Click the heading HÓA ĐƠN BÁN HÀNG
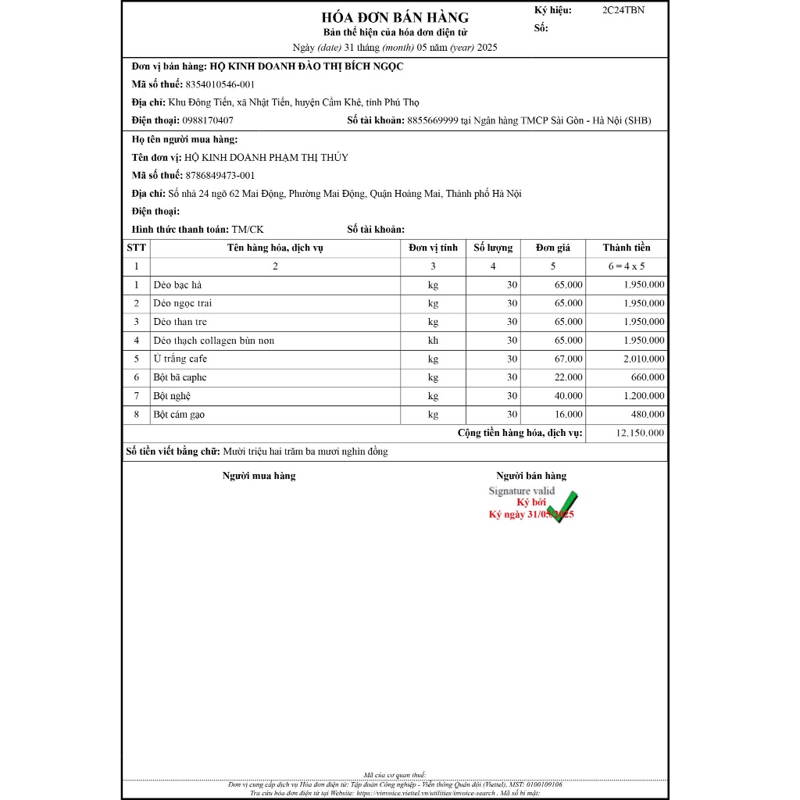[x=395, y=17]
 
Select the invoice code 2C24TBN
[x=623, y=10]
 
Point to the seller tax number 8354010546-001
[x=221, y=84]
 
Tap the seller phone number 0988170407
[x=207, y=120]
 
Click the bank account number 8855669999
[x=434, y=120]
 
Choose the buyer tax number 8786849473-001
[x=221, y=175]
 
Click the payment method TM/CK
[x=248, y=229]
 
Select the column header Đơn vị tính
[x=433, y=248]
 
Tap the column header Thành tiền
[x=626, y=248]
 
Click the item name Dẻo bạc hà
[x=177, y=285]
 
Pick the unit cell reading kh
[x=433, y=341]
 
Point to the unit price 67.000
[x=567, y=359]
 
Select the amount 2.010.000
[x=644, y=359]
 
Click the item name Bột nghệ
[x=172, y=396]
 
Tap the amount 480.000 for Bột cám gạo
[x=648, y=415]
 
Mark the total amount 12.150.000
[x=640, y=433]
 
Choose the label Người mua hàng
[x=259, y=476]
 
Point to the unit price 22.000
[x=567, y=377]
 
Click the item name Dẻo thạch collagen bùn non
[x=214, y=341]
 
